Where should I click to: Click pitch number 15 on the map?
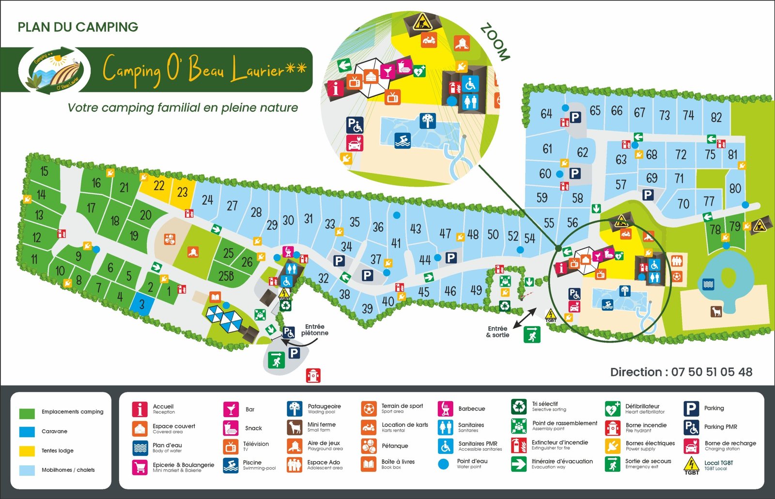point(44,171)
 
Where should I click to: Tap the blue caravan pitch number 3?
point(142,304)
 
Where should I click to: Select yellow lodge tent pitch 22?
point(159,186)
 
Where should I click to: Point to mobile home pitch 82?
point(716,117)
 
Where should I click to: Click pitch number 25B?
point(226,276)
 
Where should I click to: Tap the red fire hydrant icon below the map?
point(313,375)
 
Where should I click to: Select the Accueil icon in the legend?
point(139,409)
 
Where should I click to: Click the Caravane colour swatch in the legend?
point(27,431)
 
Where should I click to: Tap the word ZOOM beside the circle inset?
point(495,42)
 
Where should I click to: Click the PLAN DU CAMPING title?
point(78,27)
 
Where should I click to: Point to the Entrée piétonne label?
point(314,330)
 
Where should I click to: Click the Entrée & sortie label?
point(497,332)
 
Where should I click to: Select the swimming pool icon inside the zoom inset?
point(403,140)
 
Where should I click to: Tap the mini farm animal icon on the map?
point(716,311)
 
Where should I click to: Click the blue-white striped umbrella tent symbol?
point(224,319)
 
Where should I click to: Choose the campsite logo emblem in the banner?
point(54,70)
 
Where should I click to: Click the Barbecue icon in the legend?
point(445,408)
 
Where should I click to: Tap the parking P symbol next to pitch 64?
point(575,117)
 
